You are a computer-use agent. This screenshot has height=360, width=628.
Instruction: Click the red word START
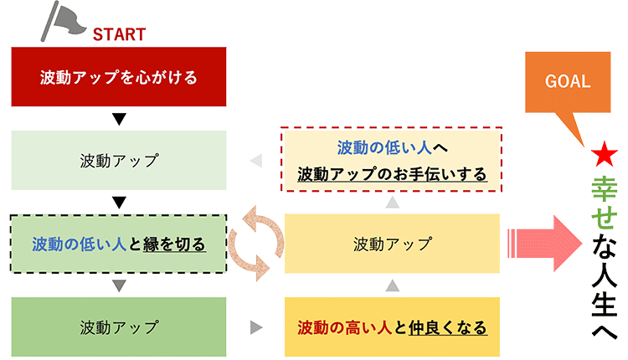coord(119,34)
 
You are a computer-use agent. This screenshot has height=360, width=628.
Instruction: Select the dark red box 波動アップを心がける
coord(119,76)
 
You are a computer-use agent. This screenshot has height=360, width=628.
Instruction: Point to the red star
coord(604,154)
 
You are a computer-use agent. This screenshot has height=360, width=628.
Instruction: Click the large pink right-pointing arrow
coord(545,244)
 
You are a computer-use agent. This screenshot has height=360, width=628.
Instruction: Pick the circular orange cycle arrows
coord(256,244)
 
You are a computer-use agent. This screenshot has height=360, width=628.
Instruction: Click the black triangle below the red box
coord(119,119)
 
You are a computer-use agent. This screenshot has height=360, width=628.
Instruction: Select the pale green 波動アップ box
coord(119,160)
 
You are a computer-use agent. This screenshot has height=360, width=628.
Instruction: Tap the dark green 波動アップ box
coord(119,327)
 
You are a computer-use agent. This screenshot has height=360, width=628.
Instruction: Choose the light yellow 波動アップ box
coord(392,244)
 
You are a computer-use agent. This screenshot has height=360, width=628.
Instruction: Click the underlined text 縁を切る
coord(174,244)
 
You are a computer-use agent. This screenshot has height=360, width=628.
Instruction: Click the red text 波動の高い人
coord(344,327)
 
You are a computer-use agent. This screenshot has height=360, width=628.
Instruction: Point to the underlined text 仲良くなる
coord(448,327)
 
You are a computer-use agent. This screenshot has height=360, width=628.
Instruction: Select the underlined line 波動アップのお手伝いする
coord(392,174)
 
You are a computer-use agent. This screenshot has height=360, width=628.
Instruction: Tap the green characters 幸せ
coord(604,203)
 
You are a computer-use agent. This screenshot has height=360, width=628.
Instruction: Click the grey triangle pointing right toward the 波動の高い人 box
coord(256,327)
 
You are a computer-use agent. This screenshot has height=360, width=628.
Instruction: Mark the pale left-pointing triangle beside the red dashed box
coord(256,160)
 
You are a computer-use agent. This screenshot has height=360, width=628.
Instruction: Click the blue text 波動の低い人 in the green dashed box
coord(80,244)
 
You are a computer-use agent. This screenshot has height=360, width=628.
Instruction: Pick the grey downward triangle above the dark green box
coord(119,285)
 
